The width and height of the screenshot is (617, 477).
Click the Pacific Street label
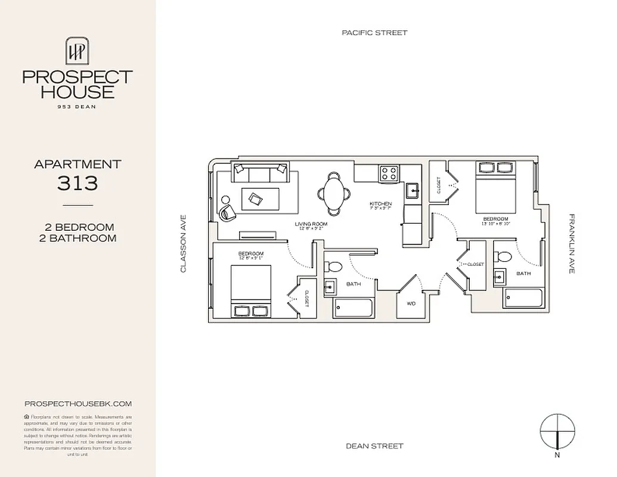coord(374,33)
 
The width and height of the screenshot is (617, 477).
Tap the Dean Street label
coord(374,446)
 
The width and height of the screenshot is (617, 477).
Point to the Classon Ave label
coord(184,244)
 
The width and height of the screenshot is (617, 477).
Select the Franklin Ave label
coord(571,244)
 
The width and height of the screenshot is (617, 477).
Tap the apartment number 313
coord(77,183)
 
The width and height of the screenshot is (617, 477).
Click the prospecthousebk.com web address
coord(77,404)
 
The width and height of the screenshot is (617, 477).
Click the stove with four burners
coord(389,174)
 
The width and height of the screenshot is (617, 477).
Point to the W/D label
coord(411,303)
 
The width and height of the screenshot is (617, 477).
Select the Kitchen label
coord(380,205)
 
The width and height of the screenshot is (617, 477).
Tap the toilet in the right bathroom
coord(504,256)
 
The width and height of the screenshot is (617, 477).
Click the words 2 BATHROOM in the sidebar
coord(80,238)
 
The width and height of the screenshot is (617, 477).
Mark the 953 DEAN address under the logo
coord(77,107)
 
